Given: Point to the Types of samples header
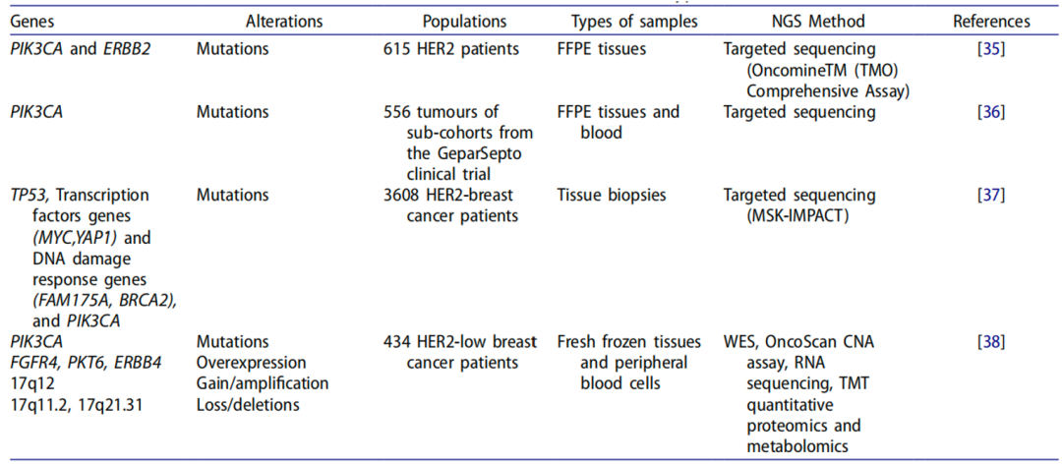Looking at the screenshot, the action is [x=634, y=22].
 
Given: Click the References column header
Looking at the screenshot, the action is [x=992, y=22].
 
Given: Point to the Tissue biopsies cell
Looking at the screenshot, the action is [x=612, y=195].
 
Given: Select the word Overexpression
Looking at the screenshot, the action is [x=251, y=363].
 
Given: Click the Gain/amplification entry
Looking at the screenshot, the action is [x=263, y=384].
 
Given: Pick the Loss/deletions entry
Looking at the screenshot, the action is [x=248, y=405].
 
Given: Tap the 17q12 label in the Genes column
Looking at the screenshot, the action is [x=29, y=384].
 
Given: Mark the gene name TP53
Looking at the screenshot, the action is [x=26, y=195].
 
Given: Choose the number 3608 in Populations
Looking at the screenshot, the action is [x=399, y=195].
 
